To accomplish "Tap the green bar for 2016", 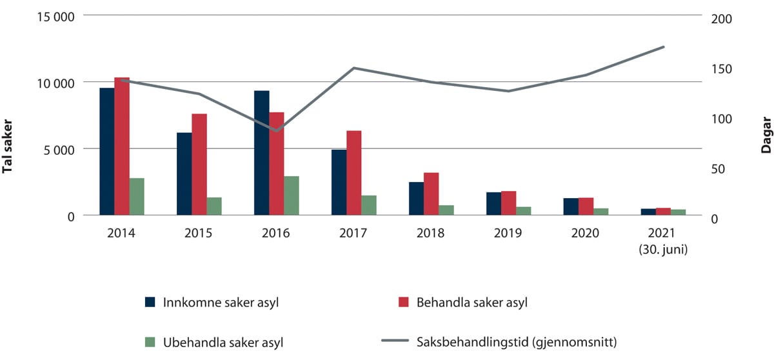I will [292, 195].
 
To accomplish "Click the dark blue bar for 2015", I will [184, 174].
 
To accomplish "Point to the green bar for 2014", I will [137, 197].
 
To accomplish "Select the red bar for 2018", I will [432, 194].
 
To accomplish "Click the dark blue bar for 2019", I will [493, 204].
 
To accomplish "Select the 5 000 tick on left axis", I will [55, 149].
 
